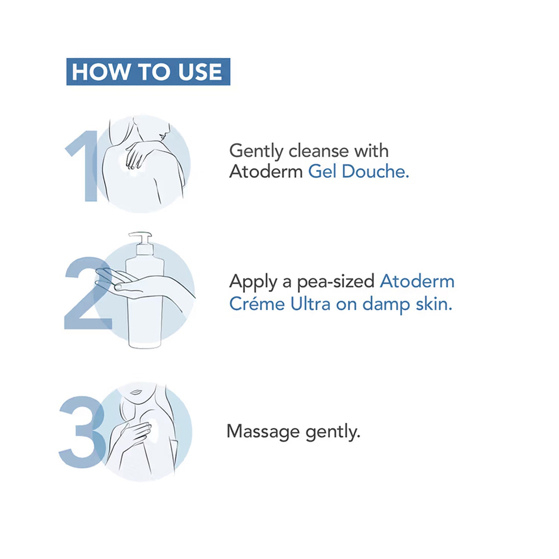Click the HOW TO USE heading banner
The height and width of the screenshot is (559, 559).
[148, 72]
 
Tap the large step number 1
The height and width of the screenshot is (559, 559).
[83, 166]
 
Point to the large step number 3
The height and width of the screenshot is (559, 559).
[82, 432]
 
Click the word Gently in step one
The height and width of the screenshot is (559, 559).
[256, 152]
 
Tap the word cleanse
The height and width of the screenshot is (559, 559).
[319, 151]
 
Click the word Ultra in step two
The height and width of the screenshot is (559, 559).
[310, 304]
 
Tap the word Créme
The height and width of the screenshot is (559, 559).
[257, 304]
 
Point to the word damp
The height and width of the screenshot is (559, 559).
[386, 305]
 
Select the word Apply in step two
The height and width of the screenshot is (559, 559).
[253, 282]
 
